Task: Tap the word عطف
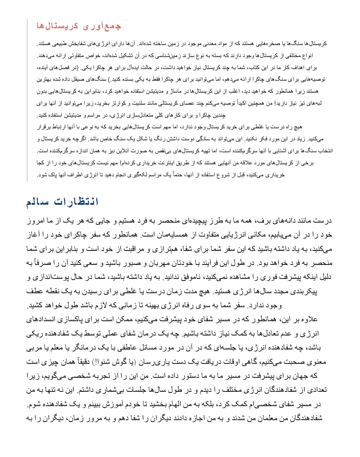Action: click(35, 291)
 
